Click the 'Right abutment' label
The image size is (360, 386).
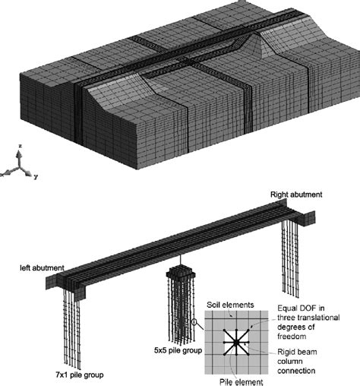[295, 195]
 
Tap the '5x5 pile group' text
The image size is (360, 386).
[171, 351]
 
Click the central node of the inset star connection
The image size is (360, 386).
[236, 343]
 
